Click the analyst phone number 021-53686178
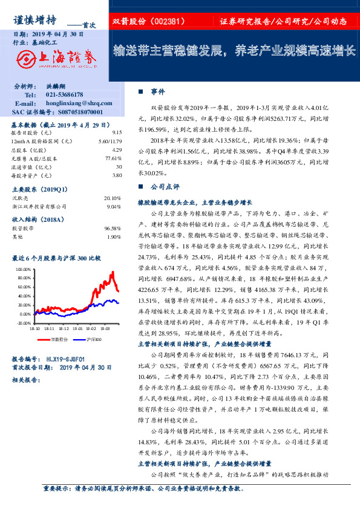tap(68, 96)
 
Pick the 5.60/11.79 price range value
tap(110, 140)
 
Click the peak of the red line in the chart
tap(112, 273)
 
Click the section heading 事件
tap(159, 91)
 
